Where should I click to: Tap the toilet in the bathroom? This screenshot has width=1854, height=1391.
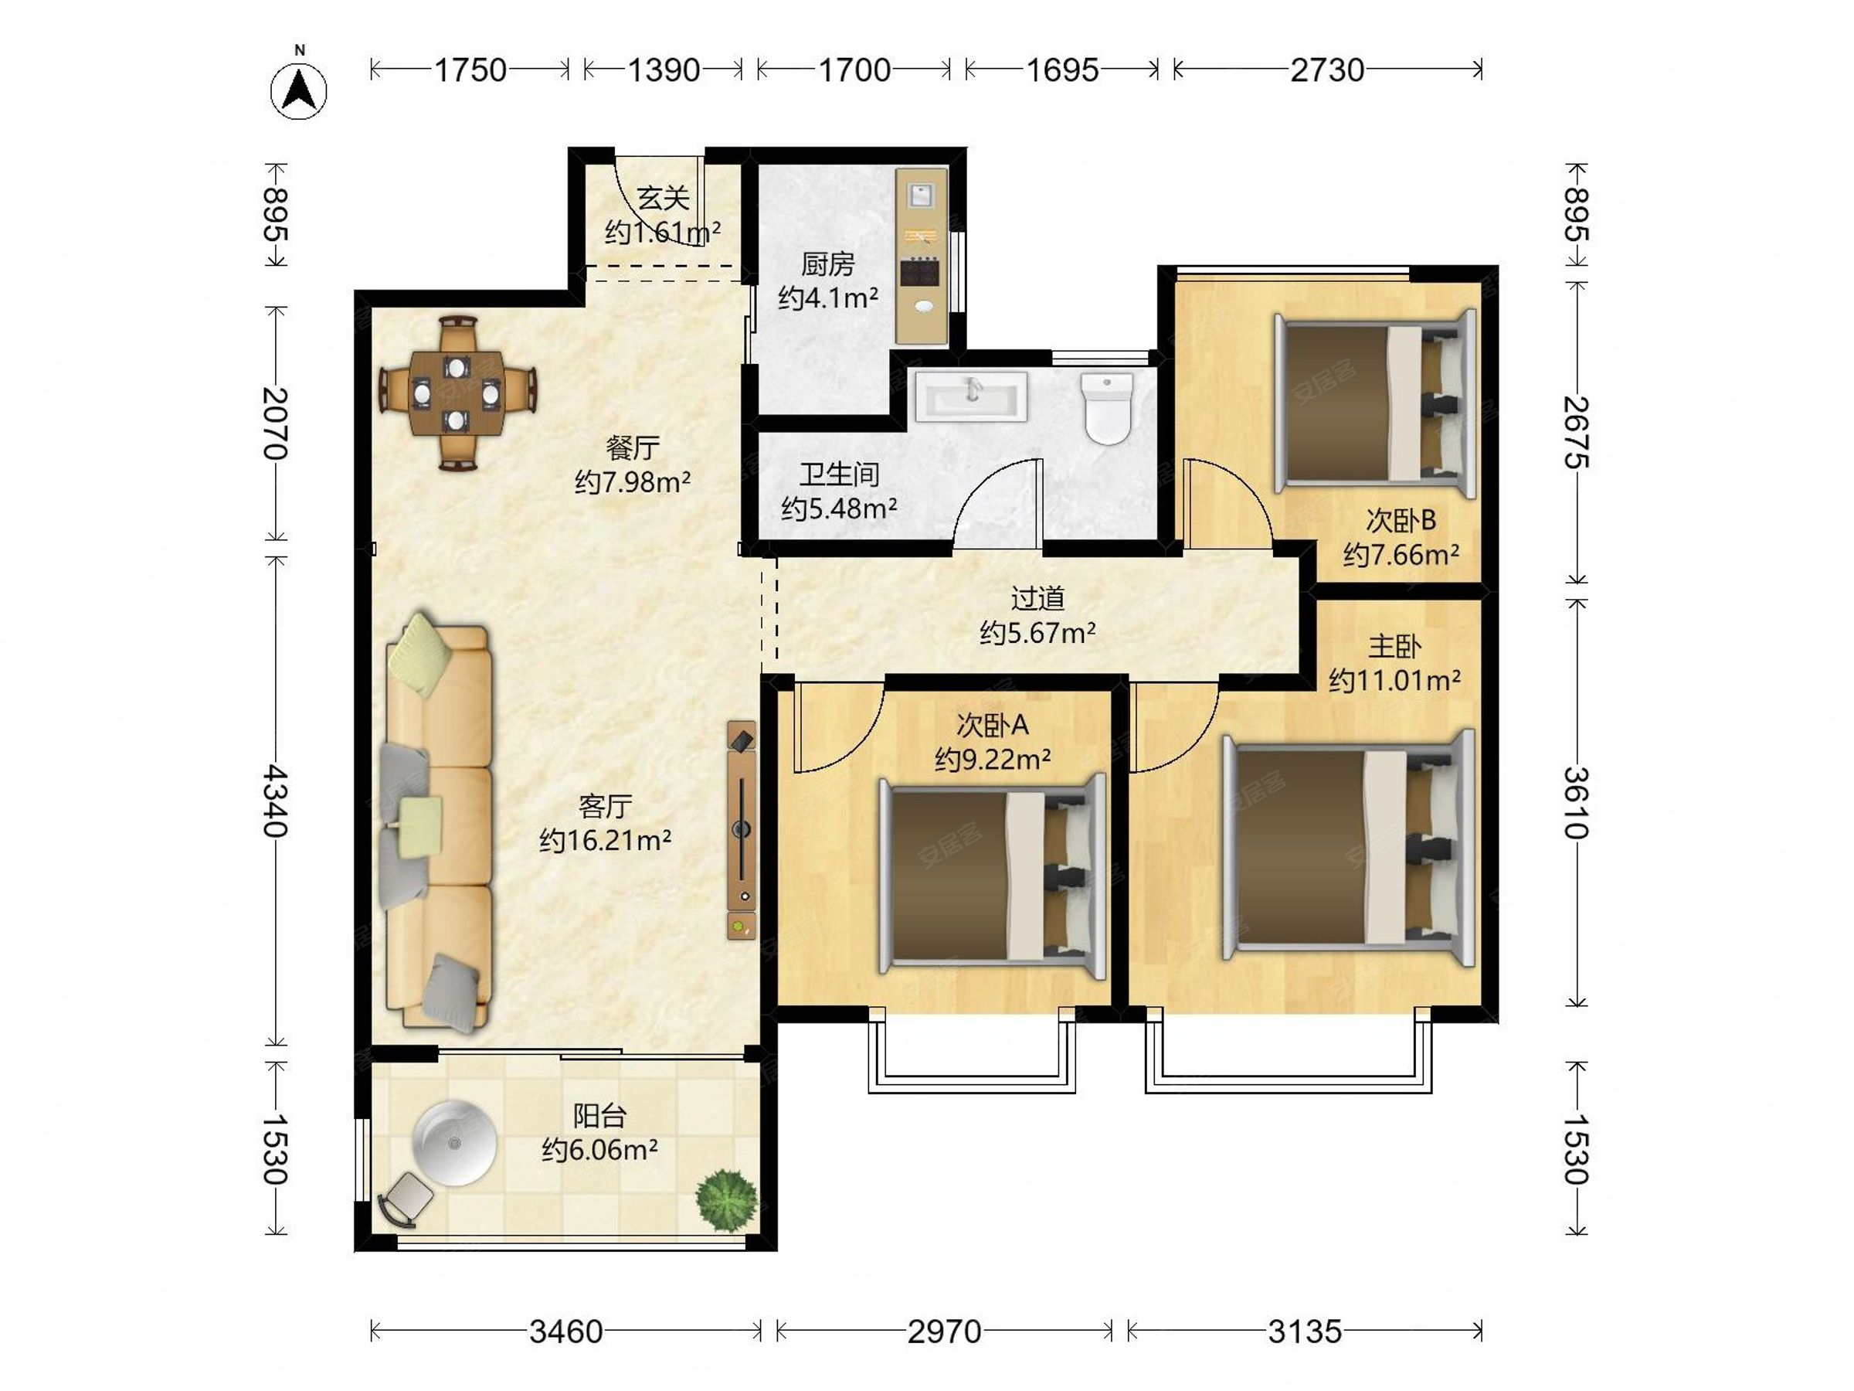1106,408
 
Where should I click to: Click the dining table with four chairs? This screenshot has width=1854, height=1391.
457,393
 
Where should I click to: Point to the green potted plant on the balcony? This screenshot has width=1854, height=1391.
726,1201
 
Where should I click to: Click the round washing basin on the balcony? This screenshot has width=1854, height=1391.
454,1143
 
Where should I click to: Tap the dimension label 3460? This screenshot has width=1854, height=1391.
565,1331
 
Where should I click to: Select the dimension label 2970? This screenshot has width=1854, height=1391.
945,1331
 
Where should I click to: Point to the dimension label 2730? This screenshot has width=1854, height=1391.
1328,70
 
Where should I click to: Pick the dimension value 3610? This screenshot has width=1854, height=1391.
1577,802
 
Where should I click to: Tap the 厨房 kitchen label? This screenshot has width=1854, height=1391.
828,264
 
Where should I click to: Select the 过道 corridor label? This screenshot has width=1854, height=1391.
1037,599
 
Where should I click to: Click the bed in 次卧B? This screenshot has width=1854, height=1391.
1374,403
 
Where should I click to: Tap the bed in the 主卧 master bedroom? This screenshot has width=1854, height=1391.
1348,847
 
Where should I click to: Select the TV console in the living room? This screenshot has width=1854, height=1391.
742,830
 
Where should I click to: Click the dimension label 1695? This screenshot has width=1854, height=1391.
1063,70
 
